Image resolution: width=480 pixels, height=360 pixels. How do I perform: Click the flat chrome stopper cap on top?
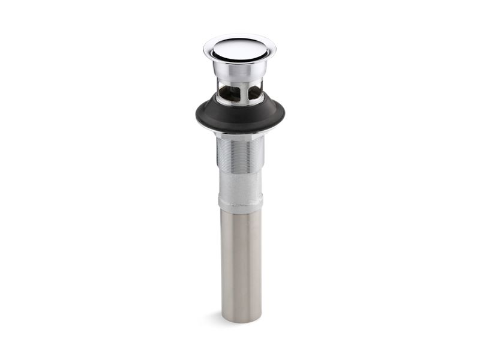pyautogui.click(x=239, y=48)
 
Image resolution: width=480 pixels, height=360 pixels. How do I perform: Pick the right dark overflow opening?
pyautogui.click(x=254, y=92)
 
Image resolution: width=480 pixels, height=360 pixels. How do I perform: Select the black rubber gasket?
pyautogui.click(x=239, y=118)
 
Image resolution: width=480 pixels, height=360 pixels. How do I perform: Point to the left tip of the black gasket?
pyautogui.click(x=197, y=113)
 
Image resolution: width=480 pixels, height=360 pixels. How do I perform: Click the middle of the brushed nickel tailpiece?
pyautogui.click(x=239, y=264)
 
